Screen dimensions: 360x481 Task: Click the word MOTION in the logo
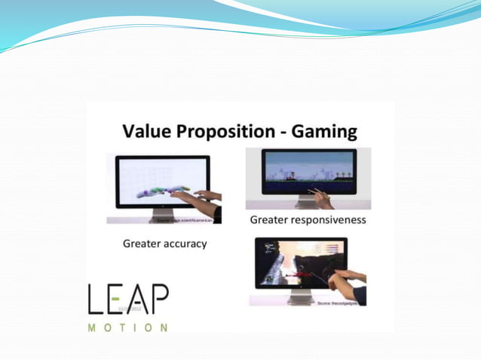tap(127, 328)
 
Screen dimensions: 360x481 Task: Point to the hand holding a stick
tap(323, 200)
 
